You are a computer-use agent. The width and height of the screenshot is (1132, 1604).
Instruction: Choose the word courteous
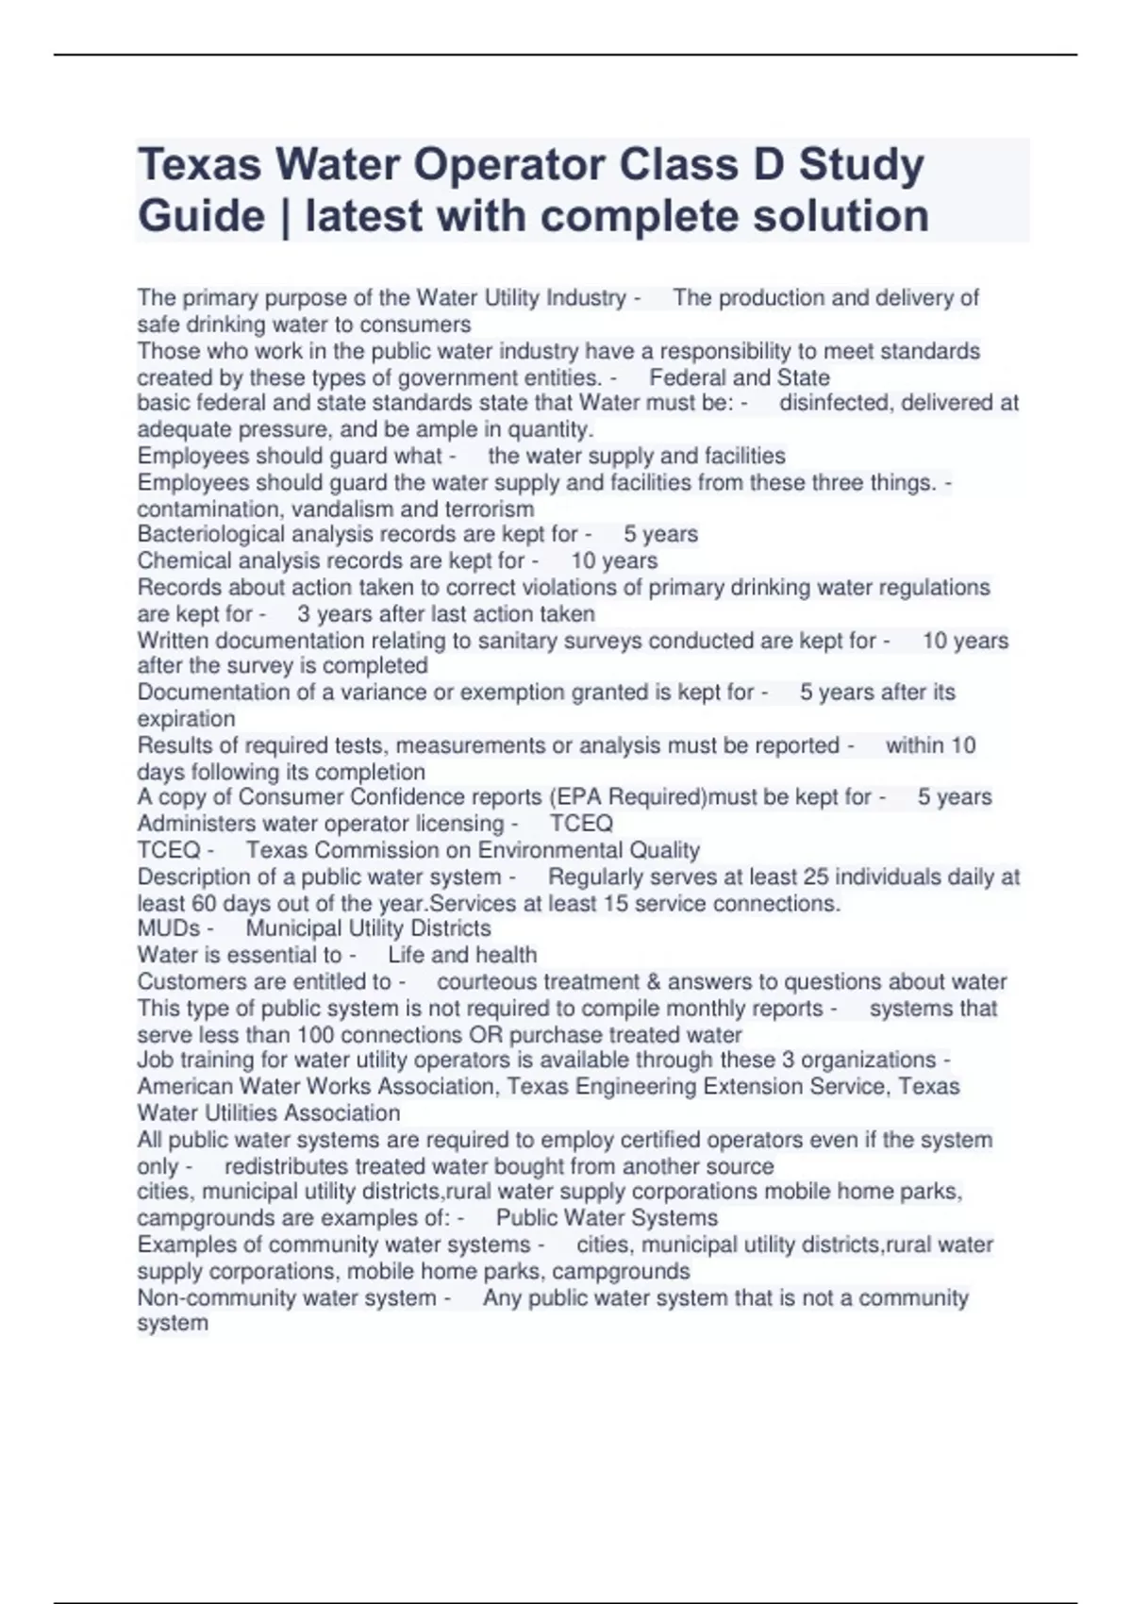(487, 982)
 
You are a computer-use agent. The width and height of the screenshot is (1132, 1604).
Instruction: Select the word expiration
(186, 719)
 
